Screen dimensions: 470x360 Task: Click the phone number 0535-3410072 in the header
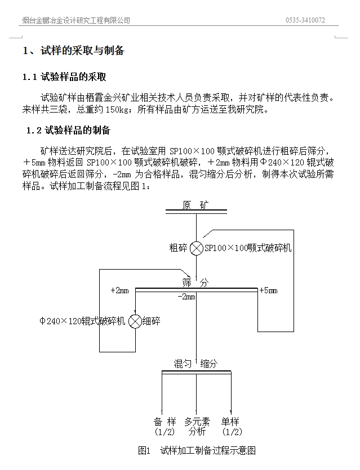tap(305, 20)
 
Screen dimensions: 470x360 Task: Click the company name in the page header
tap(76, 20)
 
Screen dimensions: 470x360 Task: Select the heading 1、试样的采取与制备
tap(73, 51)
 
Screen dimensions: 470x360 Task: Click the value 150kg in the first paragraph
tap(118, 109)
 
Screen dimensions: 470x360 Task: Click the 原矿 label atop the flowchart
tap(195, 205)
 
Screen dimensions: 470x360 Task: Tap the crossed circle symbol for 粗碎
tap(196, 248)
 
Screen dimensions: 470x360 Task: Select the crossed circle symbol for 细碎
tap(135, 321)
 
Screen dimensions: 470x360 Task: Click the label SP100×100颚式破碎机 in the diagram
tap(247, 248)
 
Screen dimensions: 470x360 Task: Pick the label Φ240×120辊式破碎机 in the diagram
tap(83, 321)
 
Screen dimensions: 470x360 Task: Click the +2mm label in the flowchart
tap(120, 290)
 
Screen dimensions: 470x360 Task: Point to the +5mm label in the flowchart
tap(268, 290)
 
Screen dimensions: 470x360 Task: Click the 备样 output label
tap(165, 422)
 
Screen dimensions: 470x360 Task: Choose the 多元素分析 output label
tap(197, 427)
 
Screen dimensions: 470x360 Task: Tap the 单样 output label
tap(231, 422)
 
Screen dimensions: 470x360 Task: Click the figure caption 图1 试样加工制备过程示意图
tap(197, 450)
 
